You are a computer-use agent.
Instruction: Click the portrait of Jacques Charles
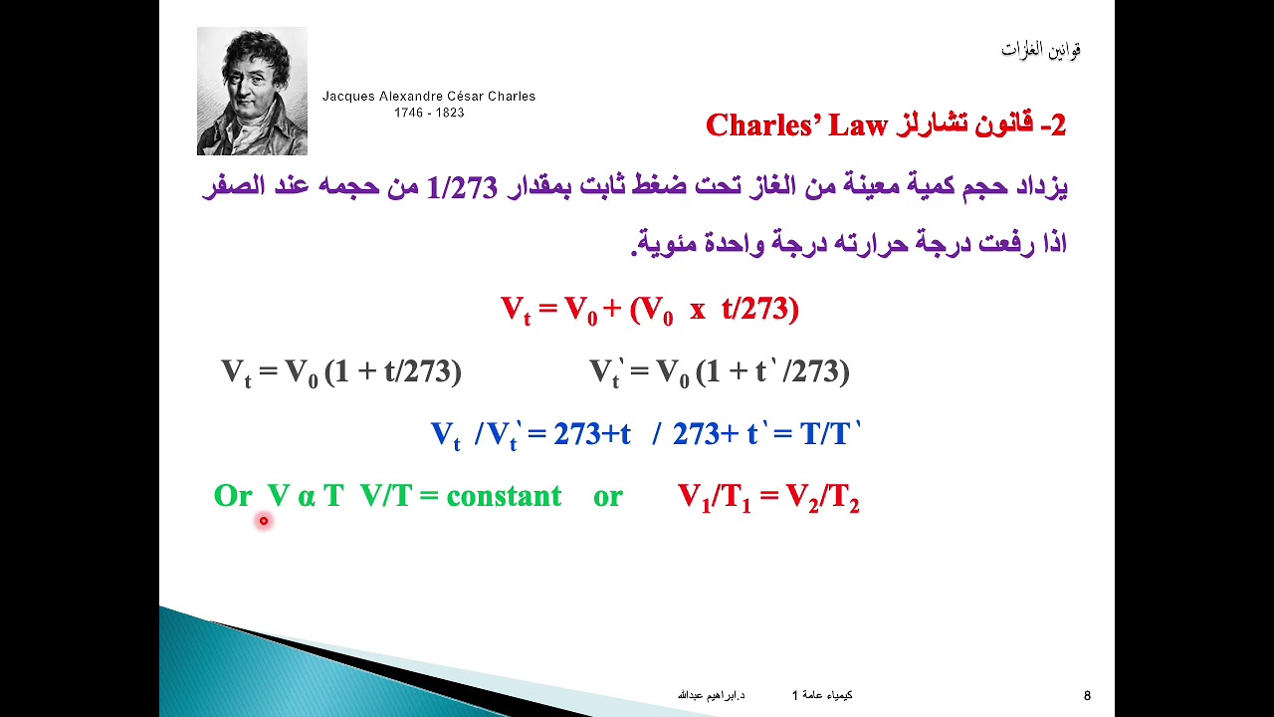[x=252, y=91]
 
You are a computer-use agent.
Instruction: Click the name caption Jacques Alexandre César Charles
[x=429, y=97]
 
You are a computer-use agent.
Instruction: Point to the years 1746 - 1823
[x=429, y=113]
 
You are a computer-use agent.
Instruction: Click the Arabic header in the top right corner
[x=1041, y=49]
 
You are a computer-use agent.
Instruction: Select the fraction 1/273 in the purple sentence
[x=461, y=186]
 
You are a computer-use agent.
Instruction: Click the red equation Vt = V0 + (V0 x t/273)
[x=649, y=310]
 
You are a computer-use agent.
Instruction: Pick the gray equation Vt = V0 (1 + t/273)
[x=340, y=372]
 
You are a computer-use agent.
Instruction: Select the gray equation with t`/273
[x=719, y=372]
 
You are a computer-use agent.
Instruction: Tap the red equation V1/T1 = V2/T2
[x=768, y=497]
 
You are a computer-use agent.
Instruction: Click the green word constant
[x=504, y=496]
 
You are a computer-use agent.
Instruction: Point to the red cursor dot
[x=264, y=520]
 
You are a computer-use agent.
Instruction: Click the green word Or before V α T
[x=233, y=496]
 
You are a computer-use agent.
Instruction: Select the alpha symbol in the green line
[x=306, y=497]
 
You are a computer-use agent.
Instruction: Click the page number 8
[x=1087, y=695]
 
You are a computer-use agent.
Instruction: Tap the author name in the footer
[x=711, y=695]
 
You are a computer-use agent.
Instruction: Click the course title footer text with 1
[x=822, y=695]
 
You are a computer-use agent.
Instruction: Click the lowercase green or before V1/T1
[x=607, y=496]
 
